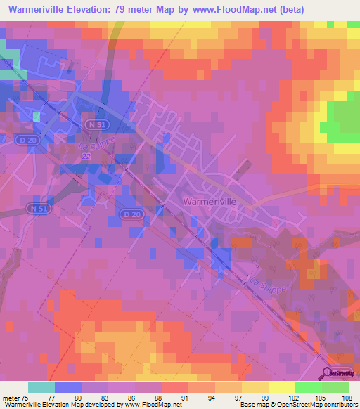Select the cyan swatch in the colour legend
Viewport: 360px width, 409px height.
[x=41, y=387]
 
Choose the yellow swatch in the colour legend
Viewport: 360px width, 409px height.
[x=255, y=387]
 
